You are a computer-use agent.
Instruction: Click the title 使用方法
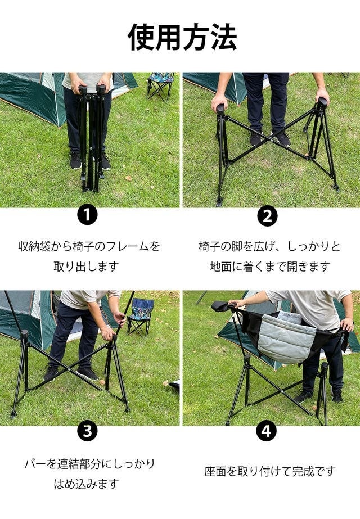182,37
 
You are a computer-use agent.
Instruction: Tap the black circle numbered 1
87,215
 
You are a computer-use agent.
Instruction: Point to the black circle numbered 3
87,431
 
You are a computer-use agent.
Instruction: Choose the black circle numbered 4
267,431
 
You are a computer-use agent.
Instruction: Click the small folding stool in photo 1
161,86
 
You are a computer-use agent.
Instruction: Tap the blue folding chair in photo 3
141,317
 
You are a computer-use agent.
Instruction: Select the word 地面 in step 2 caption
221,266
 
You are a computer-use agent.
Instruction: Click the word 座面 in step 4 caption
215,471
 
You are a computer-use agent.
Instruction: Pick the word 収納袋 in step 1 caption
34,247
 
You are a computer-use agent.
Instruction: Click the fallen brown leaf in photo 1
128,178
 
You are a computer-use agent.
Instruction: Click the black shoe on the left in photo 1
75,160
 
